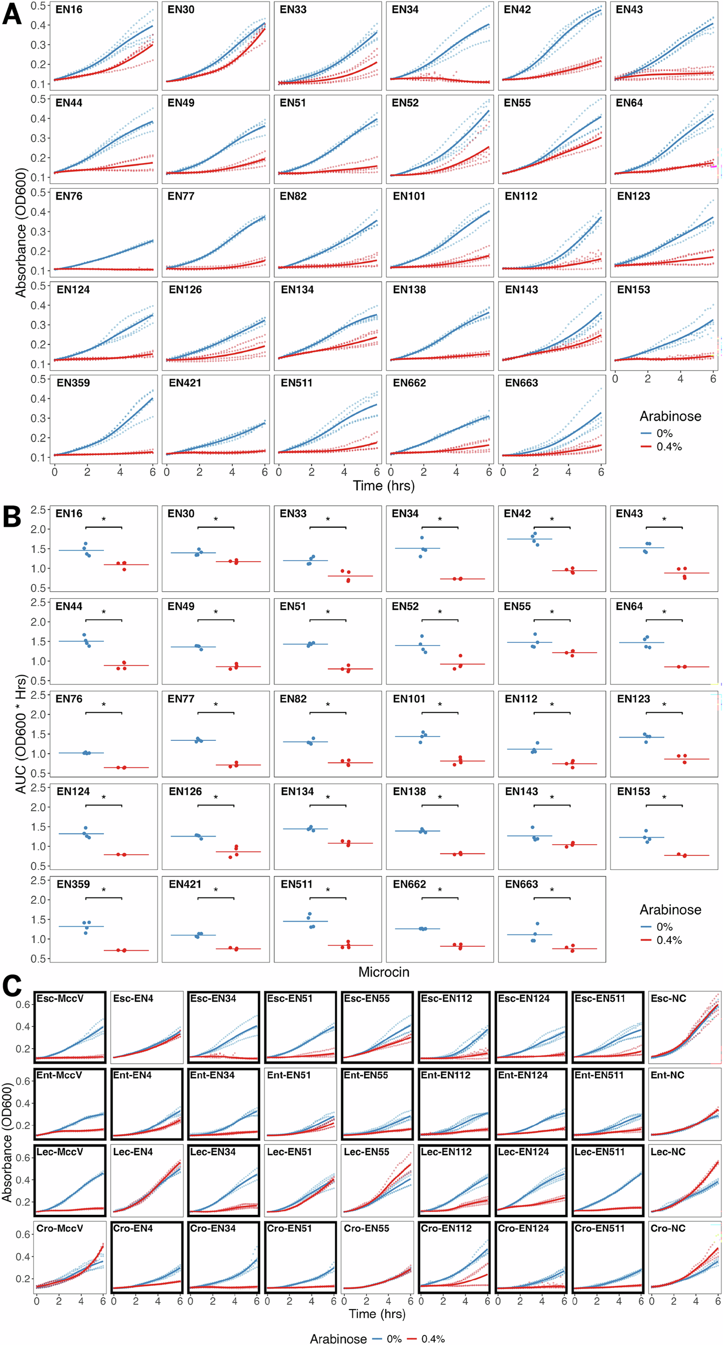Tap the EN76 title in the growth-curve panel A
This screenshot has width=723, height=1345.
69,196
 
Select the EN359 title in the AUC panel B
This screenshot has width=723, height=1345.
73,884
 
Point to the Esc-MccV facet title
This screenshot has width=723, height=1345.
60,999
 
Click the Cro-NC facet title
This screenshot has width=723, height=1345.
668,1228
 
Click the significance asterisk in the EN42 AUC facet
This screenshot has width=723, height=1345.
552,520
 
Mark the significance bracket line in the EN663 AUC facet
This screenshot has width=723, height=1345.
552,898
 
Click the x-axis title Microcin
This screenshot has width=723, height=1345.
384,972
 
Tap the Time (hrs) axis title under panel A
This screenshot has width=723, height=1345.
384,486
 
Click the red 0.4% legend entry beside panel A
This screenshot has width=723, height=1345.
661,447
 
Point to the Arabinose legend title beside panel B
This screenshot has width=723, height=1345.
670,910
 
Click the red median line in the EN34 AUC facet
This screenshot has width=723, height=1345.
462,579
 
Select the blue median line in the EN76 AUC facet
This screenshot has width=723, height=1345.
81,753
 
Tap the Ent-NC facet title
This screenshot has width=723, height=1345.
668,1075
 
